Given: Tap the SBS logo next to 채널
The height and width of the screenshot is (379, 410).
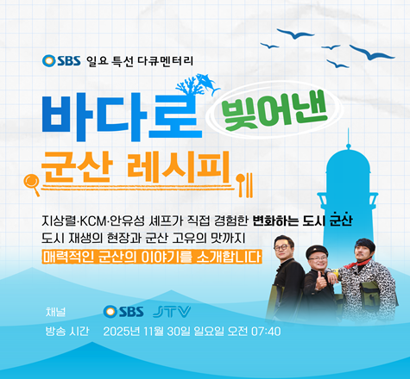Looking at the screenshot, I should [123, 310].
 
